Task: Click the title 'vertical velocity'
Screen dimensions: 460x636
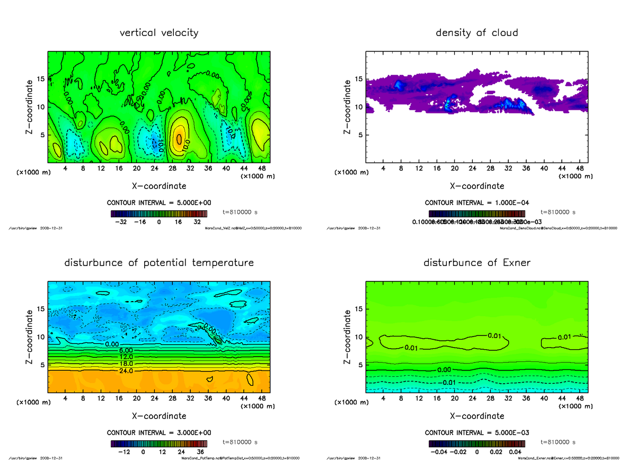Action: pyautogui.click(x=159, y=33)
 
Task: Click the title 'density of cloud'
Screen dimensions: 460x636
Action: pyautogui.click(x=476, y=33)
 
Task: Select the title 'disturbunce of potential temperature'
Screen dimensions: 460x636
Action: pyautogui.click(x=159, y=263)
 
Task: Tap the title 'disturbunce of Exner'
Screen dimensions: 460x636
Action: pyautogui.click(x=476, y=263)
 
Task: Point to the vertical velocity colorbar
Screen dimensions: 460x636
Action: pyautogui.click(x=158, y=214)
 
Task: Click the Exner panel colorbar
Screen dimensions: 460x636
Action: pyautogui.click(x=476, y=444)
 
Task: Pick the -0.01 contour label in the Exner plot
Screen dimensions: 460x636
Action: pyautogui.click(x=448, y=383)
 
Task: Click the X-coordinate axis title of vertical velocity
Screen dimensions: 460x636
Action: pyautogui.click(x=159, y=186)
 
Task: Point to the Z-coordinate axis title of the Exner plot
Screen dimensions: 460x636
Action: pyautogui.click(x=348, y=335)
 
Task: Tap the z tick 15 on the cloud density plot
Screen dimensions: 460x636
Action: pyautogui.click(x=358, y=79)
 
